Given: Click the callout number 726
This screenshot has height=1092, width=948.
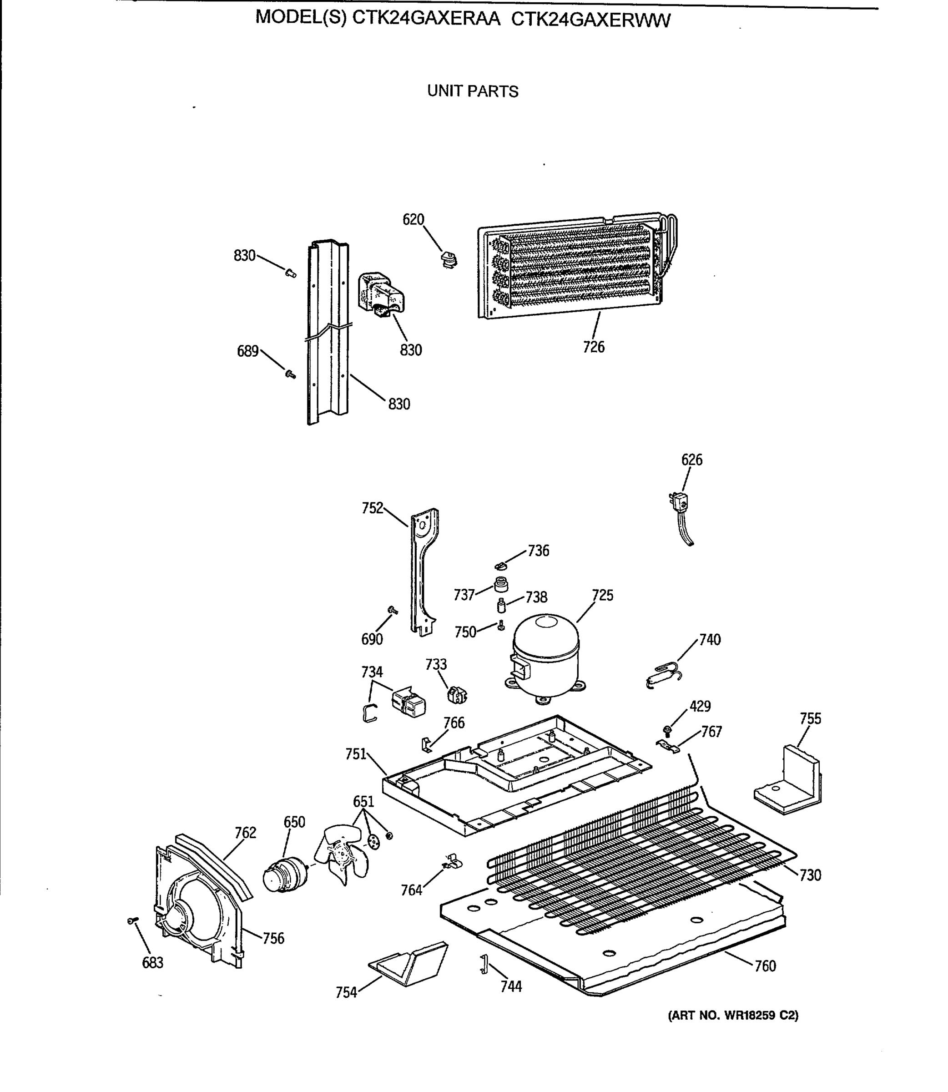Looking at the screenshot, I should click(593, 347).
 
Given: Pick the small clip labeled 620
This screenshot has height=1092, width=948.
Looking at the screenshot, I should click(449, 260).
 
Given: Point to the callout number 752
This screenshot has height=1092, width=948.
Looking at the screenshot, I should click(372, 508).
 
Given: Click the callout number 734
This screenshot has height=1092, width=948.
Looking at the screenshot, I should click(372, 672).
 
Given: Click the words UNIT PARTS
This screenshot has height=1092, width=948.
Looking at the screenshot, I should click(473, 91).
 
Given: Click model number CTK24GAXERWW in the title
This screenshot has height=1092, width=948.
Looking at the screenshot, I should click(590, 20).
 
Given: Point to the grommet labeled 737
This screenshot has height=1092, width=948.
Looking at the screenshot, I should click(500, 585).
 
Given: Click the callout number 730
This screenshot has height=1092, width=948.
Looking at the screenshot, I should click(810, 875).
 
